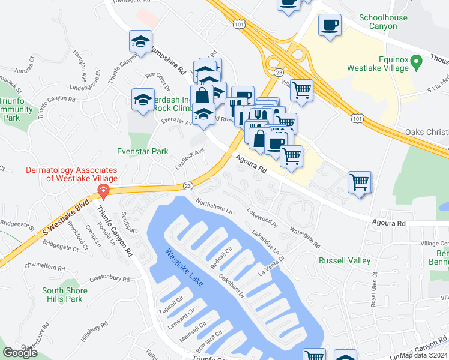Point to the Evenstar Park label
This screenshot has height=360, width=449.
tap(143, 152)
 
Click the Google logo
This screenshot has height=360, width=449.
tap(20, 353)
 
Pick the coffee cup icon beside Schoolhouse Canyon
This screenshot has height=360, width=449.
tap(330, 25)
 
